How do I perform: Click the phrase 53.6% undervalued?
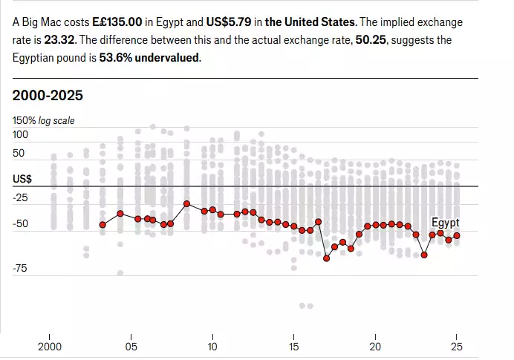pyautogui.click(x=150, y=58)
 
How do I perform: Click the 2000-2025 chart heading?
pyautogui.click(x=48, y=95)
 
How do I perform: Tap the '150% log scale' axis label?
pyautogui.click(x=44, y=120)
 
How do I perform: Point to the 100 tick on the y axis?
pyautogui.click(x=21, y=135)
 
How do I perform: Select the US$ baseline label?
pyautogui.click(x=22, y=179)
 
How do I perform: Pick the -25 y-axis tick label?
pyautogui.click(x=20, y=197)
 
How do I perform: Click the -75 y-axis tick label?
pyautogui.click(x=20, y=268)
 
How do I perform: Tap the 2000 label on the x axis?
pyautogui.click(x=49, y=346)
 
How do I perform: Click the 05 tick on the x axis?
pyautogui.click(x=131, y=346)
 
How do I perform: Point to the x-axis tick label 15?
pyautogui.click(x=294, y=346)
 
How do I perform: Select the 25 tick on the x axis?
pyautogui.click(x=457, y=346)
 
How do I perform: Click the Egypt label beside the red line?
pyautogui.click(x=446, y=222)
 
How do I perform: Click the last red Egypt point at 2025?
pyautogui.click(x=457, y=235)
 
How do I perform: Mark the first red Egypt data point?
pyautogui.click(x=103, y=224)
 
